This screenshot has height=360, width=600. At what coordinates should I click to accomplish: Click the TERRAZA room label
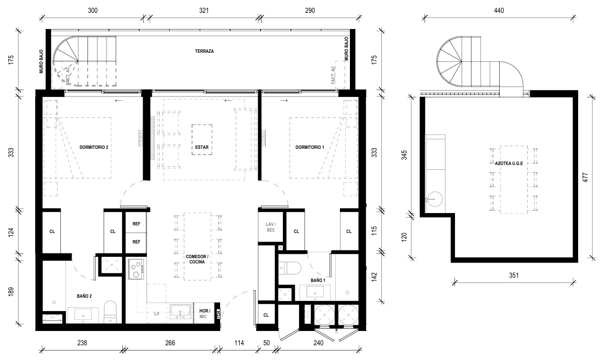coord(204,51)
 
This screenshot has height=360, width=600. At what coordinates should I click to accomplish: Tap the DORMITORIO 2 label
coord(94,147)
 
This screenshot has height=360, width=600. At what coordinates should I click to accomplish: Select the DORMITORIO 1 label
coord(310,147)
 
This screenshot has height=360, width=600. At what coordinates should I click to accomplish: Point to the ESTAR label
coord(202,147)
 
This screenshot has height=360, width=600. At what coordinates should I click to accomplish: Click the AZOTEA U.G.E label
coord(509,164)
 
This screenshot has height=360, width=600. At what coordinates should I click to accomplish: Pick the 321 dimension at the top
coord(204,10)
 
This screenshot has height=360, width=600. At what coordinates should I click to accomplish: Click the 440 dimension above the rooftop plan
coord(499,10)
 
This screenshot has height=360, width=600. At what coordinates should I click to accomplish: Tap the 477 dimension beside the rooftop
coord(585,177)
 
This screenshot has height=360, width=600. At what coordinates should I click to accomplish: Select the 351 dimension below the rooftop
coord(514,275)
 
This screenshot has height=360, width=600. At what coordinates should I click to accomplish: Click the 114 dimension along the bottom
coord(239,343)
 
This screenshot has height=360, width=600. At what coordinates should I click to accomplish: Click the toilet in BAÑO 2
coord(110,312)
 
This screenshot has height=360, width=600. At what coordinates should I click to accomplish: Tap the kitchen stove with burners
coord(136,269)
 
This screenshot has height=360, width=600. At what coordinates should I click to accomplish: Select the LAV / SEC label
coord(271,227)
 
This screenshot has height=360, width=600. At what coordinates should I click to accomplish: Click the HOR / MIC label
coord(204,314)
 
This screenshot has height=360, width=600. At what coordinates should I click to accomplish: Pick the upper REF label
coord(136,224)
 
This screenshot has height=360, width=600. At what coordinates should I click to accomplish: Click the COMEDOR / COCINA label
coord(197,259)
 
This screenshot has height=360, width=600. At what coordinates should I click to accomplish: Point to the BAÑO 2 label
coord(84,296)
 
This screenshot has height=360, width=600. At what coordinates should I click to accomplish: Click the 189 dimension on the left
coord(11,292)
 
